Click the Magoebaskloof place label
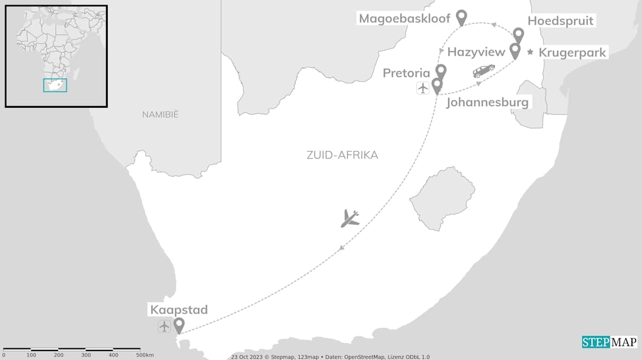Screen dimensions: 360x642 pos(404,18)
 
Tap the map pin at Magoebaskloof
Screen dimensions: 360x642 pos(461,17)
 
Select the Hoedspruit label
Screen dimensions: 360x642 pos(560,21)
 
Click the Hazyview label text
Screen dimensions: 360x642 pos(476,52)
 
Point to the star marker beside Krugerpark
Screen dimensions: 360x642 pos(530,52)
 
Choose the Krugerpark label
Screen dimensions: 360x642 pos(572,53)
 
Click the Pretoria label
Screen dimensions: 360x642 pos(406,73)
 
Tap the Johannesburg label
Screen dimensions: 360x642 pos(487,103)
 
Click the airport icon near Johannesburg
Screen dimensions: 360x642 pos(423,88)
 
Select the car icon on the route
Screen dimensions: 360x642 pos(483,71)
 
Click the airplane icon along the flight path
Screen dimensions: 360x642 pos(350,218)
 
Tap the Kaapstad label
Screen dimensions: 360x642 pos(179,310)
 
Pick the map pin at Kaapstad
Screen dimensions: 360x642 pos(179,325)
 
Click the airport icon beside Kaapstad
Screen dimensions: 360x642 pos(164,327)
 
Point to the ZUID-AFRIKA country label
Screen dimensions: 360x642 pos(342,155)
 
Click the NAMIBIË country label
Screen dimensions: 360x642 pos(160,114)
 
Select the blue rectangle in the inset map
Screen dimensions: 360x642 pos(55,85)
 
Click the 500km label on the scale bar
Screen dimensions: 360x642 pos(145,355)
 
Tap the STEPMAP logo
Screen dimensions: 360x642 pos(609,342)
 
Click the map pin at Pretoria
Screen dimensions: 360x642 pos(441,71)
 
